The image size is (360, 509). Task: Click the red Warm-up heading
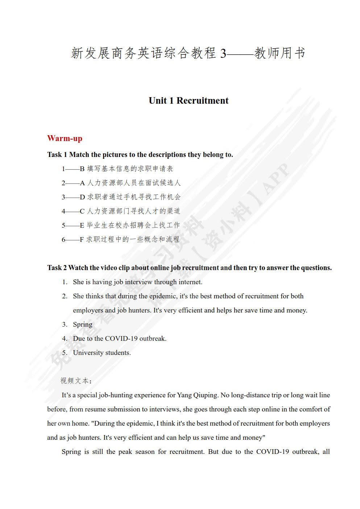(x=65, y=138)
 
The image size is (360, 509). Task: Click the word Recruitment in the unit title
(x=202, y=100)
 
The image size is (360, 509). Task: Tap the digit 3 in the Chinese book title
(x=223, y=53)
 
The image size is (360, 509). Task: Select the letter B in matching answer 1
(x=82, y=169)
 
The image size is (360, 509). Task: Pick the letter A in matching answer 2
(x=82, y=183)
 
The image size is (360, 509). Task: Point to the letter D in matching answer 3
(x=82, y=197)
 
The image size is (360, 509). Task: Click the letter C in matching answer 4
(x=82, y=211)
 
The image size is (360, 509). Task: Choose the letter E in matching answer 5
(x=82, y=225)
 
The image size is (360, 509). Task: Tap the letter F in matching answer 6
(x=82, y=239)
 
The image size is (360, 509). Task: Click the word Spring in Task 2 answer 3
(x=82, y=324)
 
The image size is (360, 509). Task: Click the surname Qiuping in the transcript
(x=206, y=395)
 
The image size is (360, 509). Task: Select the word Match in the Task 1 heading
(x=79, y=154)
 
